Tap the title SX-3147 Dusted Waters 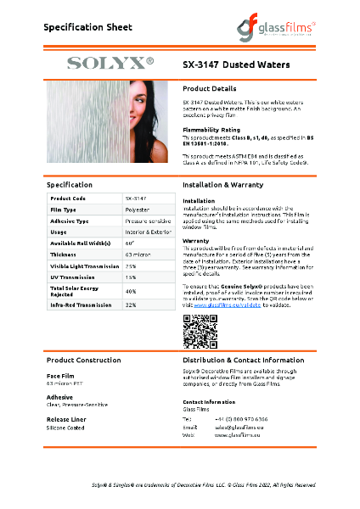237,64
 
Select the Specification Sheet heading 88,27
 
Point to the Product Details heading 210,88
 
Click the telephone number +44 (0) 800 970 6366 240,418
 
